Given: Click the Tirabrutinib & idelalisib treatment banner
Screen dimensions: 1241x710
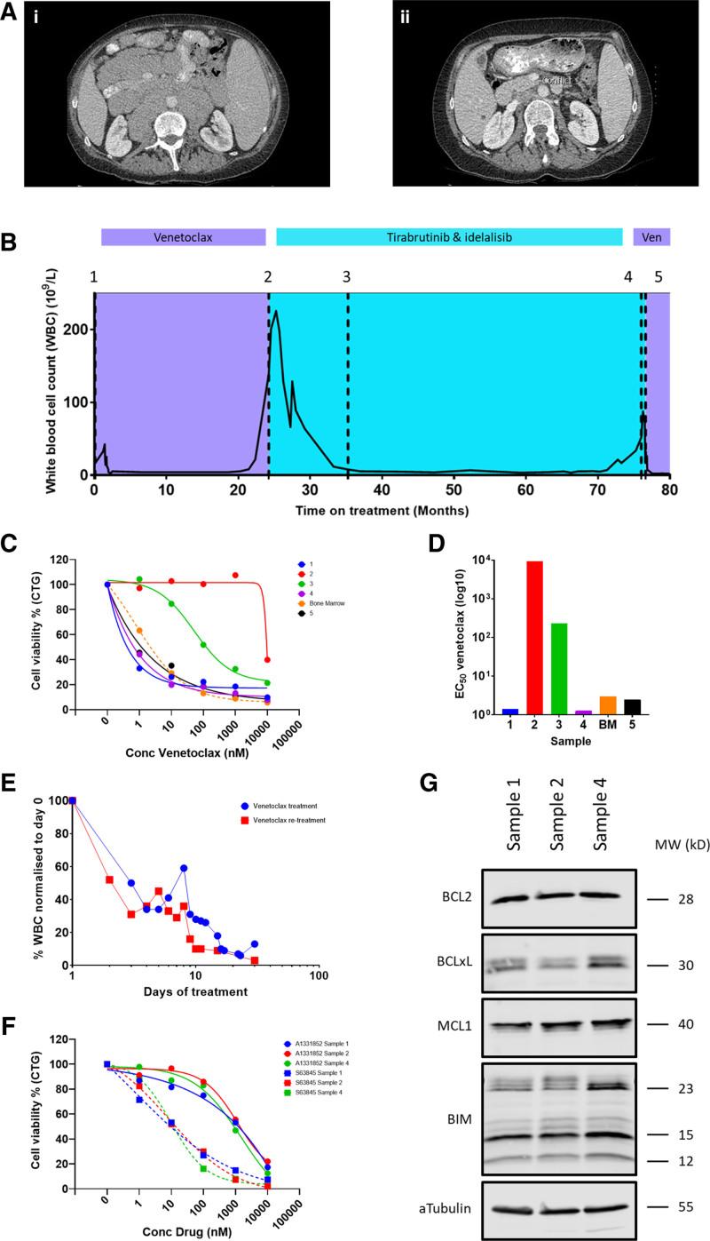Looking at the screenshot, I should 450,237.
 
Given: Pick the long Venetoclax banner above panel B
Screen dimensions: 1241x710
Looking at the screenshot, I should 183,237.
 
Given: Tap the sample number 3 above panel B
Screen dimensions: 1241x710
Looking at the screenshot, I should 347,276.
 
